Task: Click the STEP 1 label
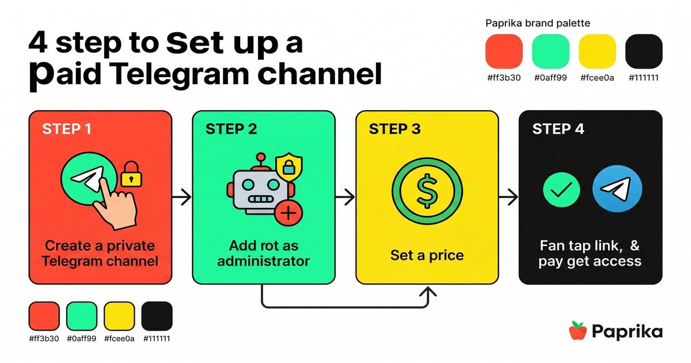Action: tap(67, 129)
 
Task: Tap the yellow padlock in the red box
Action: tap(131, 174)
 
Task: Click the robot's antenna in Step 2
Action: tap(261, 161)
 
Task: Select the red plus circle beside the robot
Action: tap(288, 214)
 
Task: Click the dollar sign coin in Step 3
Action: tap(427, 192)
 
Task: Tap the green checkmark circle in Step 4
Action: tap(561, 189)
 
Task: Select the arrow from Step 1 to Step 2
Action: tap(182, 198)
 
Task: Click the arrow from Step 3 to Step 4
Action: tap(508, 198)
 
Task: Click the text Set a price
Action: tap(427, 255)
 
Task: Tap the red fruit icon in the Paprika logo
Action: tap(578, 331)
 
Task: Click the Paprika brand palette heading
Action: tap(537, 24)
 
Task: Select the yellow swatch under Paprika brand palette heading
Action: tap(597, 51)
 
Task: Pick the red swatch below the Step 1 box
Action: tap(44, 316)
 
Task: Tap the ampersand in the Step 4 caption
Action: tap(635, 245)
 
